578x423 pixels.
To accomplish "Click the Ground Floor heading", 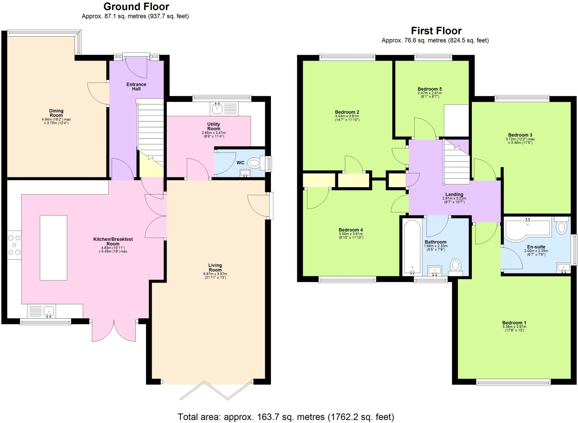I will point(136,6).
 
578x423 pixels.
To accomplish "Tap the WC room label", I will point(240,163).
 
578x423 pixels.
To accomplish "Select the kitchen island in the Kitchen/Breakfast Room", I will point(53,248).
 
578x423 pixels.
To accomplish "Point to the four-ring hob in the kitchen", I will point(14,245).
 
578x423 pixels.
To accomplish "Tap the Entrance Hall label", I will point(136,87).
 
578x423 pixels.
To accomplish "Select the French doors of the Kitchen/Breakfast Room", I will point(114,331).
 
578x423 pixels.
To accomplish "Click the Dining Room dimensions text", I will point(56,121).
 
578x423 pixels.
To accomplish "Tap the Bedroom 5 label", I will point(430,89).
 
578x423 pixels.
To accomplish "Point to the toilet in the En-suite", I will point(561,227).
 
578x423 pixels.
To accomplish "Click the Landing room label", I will point(454,194).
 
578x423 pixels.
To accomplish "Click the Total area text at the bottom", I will point(286,417).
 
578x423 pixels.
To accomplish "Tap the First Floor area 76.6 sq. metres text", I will point(435,40).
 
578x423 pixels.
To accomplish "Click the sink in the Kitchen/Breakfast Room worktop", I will point(49,312).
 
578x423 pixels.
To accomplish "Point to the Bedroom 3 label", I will point(520,135).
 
